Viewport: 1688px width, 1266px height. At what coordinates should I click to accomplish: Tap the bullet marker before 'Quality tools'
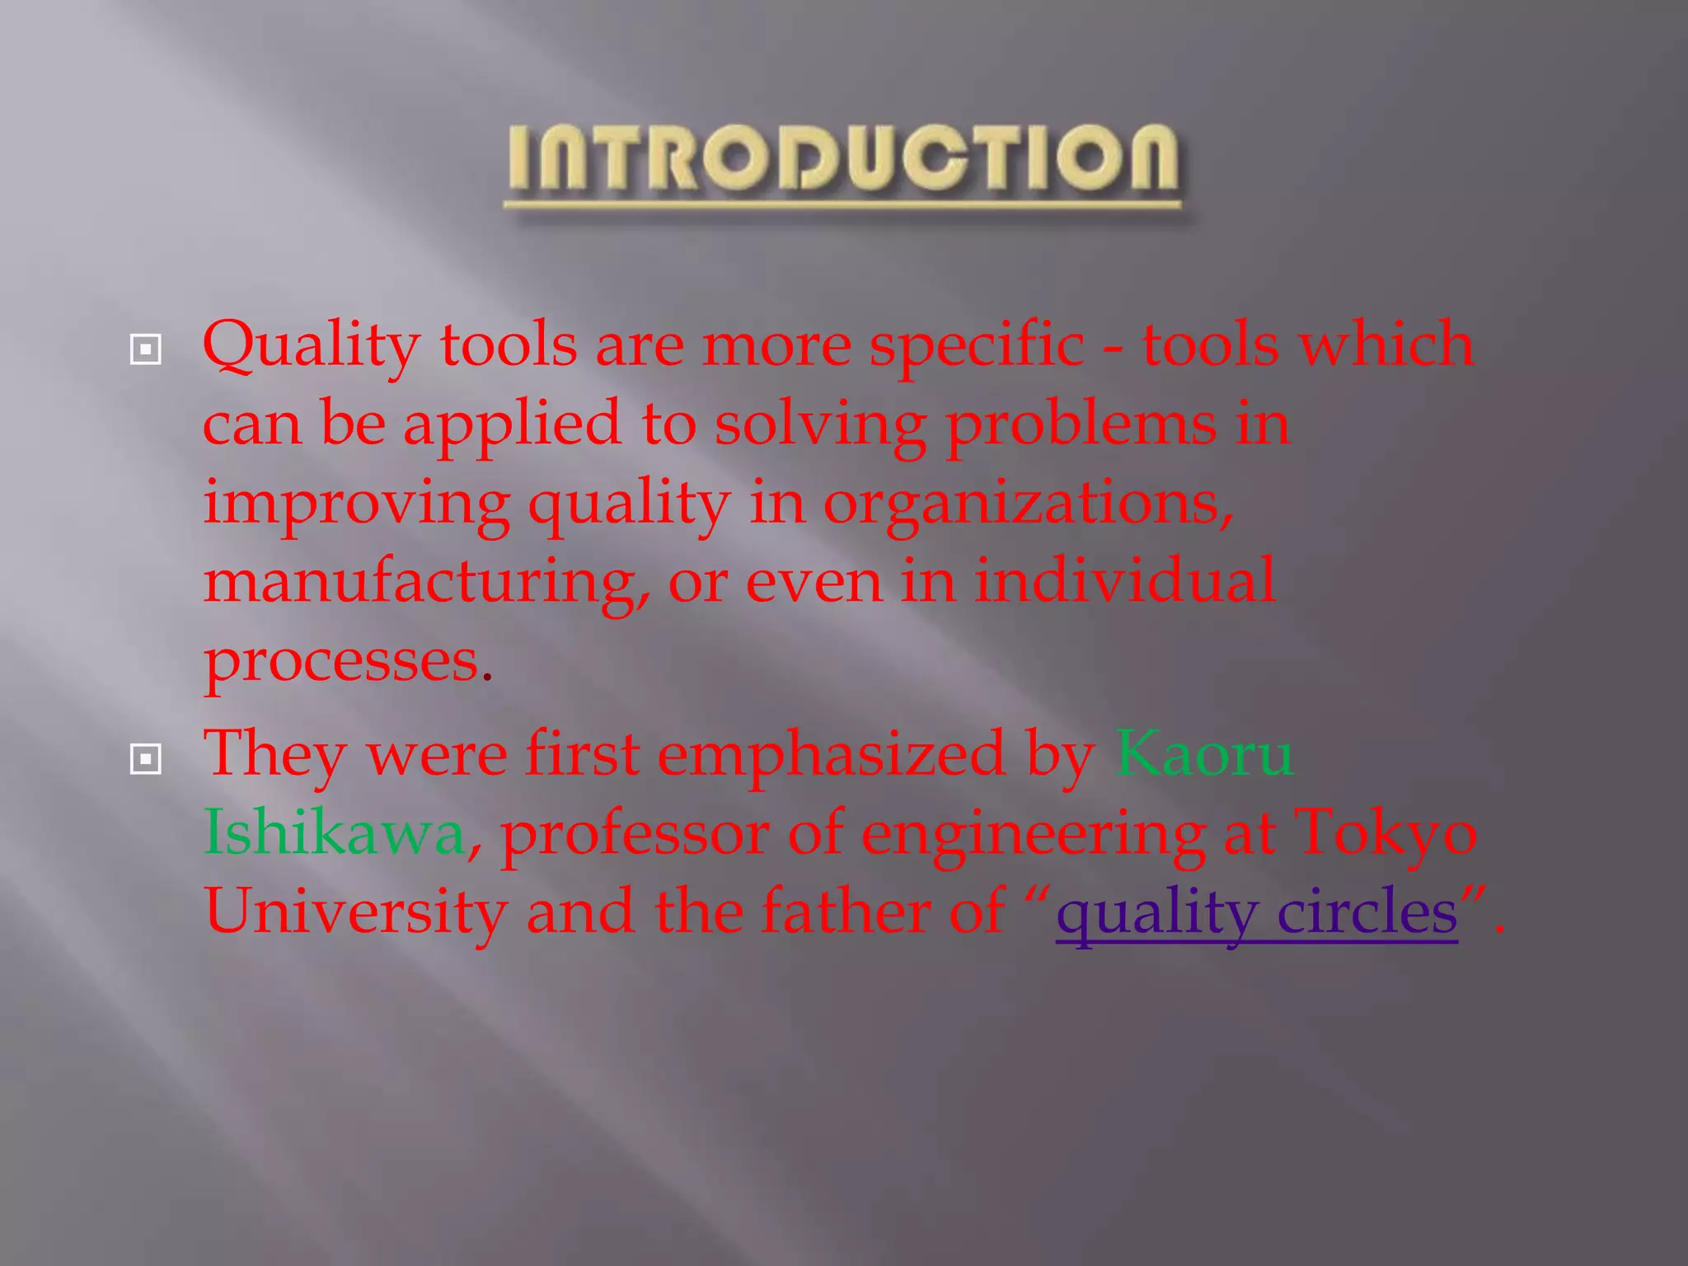146,349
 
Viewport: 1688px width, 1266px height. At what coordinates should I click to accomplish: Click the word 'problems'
1081,425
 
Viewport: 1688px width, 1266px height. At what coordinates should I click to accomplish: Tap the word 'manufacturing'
424,582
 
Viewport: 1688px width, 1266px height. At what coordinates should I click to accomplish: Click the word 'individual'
1125,580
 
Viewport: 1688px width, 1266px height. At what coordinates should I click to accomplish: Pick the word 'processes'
341,661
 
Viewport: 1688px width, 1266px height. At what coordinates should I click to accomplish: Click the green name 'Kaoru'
1204,754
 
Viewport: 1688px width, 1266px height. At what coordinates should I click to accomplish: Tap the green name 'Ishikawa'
335,833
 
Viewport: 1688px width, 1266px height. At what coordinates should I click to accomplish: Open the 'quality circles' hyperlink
1256,913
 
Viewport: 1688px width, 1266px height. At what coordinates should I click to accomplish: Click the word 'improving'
357,504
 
